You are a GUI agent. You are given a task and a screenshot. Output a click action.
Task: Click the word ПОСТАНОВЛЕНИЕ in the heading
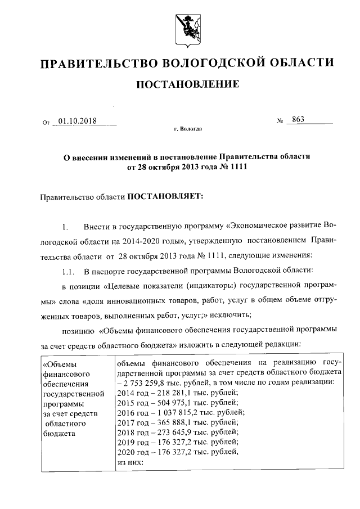(x=186, y=85)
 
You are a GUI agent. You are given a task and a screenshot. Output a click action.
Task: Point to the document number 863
(x=298, y=120)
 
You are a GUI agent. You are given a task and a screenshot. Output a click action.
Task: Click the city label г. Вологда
(x=187, y=129)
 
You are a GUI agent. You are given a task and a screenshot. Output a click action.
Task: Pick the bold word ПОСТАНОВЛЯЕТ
(x=164, y=197)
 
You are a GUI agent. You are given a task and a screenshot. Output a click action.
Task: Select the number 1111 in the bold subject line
(x=238, y=167)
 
